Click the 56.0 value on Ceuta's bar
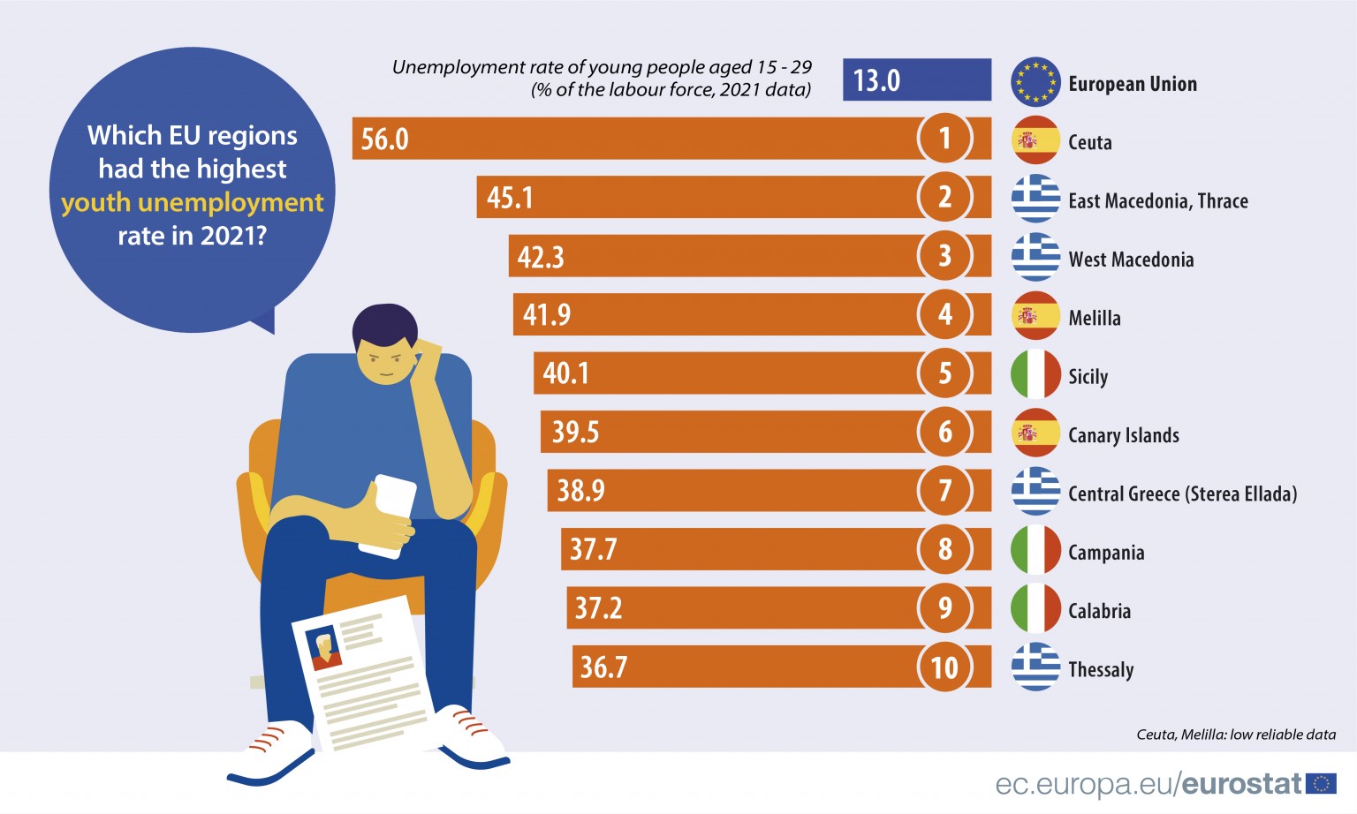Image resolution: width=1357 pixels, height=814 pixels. tap(384, 139)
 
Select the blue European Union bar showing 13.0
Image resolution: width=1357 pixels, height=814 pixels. tap(916, 80)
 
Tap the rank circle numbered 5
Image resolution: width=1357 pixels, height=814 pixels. tap(944, 373)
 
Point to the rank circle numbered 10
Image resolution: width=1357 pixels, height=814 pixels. tap(944, 667)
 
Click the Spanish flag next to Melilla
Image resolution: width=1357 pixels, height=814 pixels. tap(1035, 316)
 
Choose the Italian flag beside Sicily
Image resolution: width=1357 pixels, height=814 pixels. tap(1035, 374)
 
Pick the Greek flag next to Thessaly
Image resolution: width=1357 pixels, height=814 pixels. tap(1035, 667)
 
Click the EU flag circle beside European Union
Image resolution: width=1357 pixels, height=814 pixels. tap(1035, 82)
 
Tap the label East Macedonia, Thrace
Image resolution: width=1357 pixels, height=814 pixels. tap(1157, 201)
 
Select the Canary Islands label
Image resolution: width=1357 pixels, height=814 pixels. tap(1123, 435)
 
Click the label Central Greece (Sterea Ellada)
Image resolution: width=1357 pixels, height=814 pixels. tap(1182, 494)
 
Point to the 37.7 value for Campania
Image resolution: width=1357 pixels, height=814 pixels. tap(593, 550)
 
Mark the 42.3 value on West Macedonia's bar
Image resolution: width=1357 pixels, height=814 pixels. tap(540, 257)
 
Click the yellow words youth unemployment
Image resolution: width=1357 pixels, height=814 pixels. tap(193, 203)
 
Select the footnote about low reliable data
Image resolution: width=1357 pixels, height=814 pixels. tap(1235, 735)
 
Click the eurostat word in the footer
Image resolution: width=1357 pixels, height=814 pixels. tap(1241, 784)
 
